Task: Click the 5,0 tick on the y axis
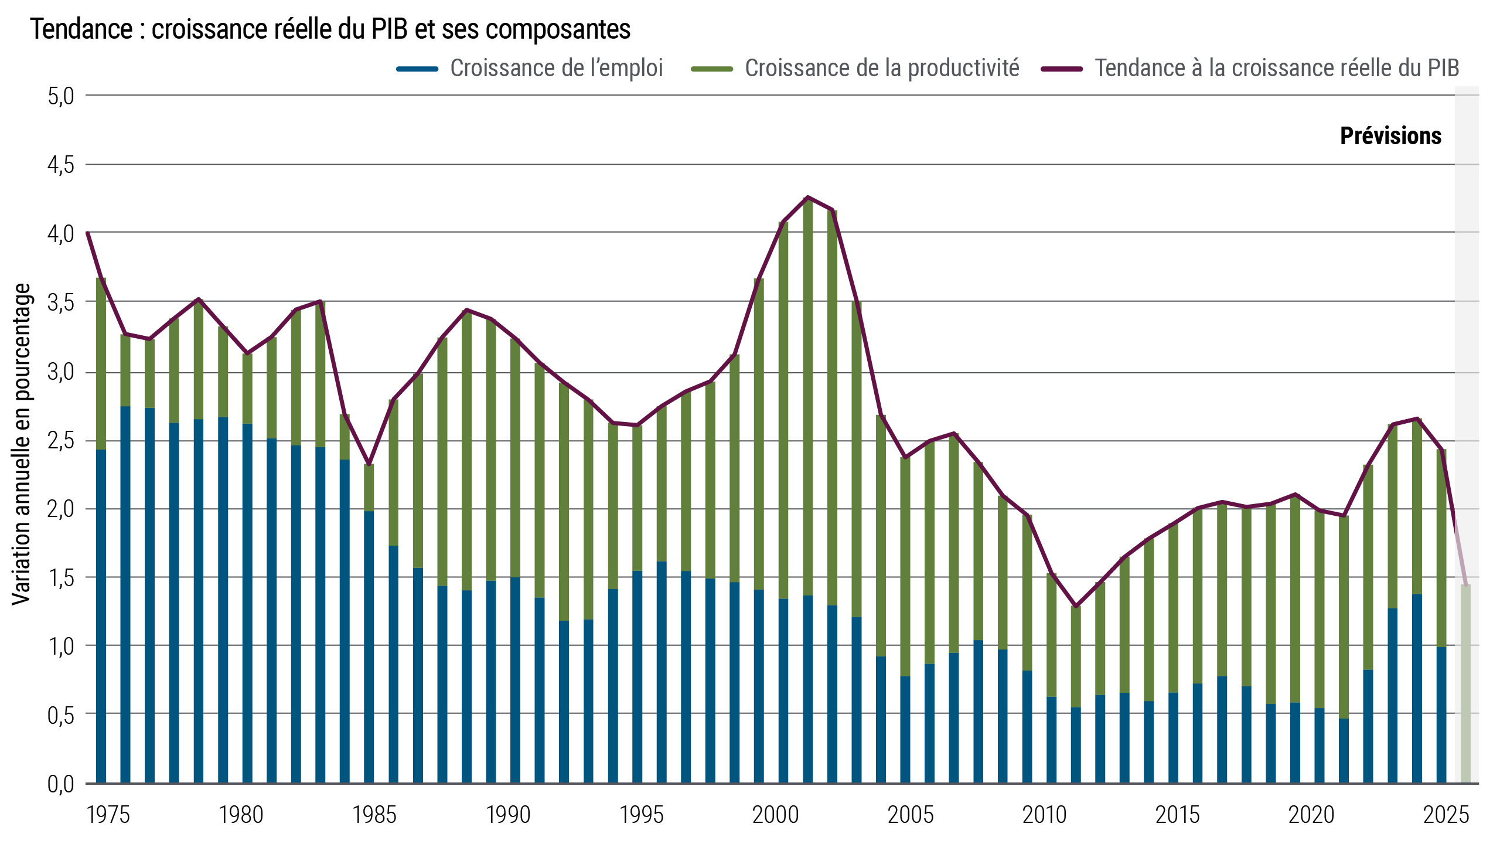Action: [61, 96]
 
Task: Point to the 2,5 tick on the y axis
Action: [61, 441]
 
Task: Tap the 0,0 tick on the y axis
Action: [61, 784]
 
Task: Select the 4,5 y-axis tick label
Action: [61, 165]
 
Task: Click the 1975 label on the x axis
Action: [108, 815]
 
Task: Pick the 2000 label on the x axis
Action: [776, 815]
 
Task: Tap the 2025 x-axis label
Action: [1446, 815]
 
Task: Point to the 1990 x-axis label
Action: [508, 815]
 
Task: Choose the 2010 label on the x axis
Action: [1044, 815]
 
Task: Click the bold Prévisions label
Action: [1390, 136]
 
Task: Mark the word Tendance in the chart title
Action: [81, 29]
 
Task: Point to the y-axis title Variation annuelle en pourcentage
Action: [22, 444]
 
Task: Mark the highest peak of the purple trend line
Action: [808, 198]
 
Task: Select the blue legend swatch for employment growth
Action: [417, 69]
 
